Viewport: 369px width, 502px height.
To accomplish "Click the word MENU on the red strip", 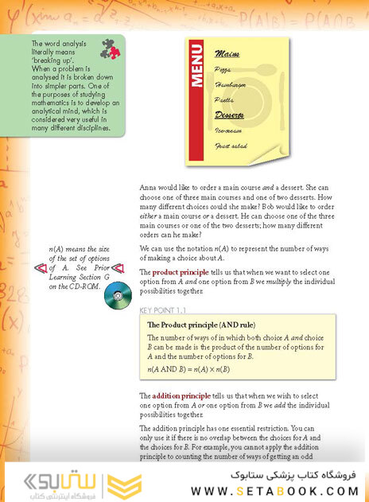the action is pyautogui.click(x=200, y=68).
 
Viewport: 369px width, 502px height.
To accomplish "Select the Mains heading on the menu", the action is pyautogui.click(x=226, y=54).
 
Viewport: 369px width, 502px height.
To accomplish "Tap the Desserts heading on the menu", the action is pyautogui.click(x=228, y=115).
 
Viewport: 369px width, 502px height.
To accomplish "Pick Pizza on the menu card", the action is pyautogui.click(x=223, y=70).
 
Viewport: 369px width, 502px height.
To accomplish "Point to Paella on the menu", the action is pyautogui.click(x=223, y=99).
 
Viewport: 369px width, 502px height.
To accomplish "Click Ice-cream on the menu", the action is pyautogui.click(x=229, y=131).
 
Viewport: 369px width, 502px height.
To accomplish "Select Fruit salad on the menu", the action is pyautogui.click(x=231, y=146).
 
